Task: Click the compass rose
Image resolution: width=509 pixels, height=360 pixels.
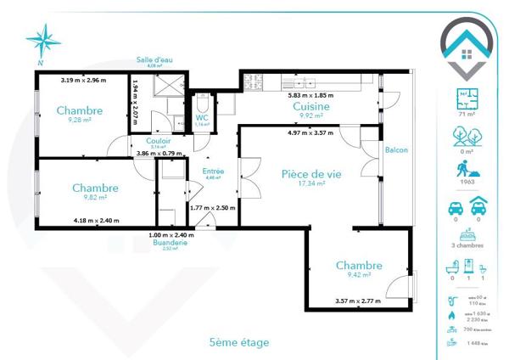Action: point(43,41)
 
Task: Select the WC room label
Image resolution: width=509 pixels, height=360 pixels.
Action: point(202,118)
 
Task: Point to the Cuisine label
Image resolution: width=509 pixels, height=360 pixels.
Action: point(311,107)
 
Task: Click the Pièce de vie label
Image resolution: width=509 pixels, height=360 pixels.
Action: point(311,173)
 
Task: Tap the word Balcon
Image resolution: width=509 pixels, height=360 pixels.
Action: point(396,150)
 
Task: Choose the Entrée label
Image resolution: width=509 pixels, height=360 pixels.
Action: point(213,172)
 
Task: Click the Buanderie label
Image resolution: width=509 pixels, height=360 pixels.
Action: point(170,242)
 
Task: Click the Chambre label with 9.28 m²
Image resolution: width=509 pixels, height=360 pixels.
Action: point(80,110)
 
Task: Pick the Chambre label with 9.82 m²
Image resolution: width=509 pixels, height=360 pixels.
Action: point(94,188)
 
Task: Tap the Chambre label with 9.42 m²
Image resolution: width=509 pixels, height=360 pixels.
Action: point(359,266)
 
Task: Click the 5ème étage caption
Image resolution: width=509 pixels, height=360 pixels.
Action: point(238,342)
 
